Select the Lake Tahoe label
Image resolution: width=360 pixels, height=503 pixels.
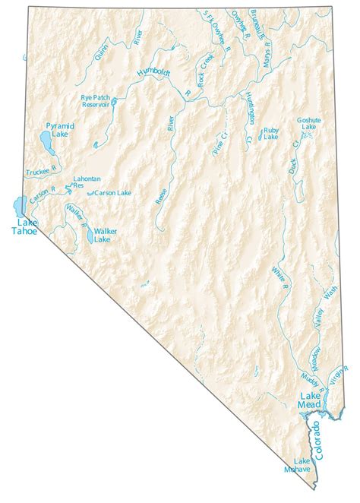(x=24, y=226)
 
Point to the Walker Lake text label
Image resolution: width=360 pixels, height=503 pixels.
(x=102, y=235)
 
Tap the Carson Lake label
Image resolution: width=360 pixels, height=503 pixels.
(x=113, y=193)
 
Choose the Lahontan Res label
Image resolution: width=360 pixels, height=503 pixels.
(x=86, y=182)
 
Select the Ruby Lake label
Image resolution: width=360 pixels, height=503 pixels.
(x=270, y=134)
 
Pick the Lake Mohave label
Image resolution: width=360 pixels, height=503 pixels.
(x=302, y=465)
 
